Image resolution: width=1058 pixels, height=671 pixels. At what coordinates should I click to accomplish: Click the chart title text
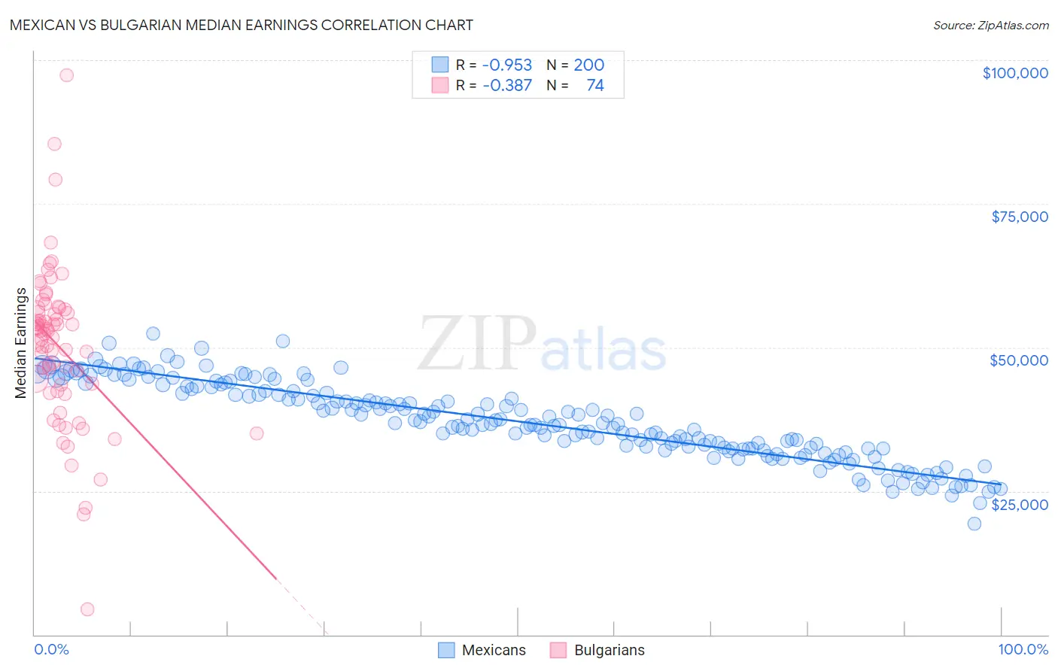click(x=241, y=25)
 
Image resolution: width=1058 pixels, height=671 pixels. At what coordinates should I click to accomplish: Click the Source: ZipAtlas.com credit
click(x=990, y=25)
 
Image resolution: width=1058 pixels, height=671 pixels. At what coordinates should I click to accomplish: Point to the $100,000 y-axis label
click(x=1015, y=73)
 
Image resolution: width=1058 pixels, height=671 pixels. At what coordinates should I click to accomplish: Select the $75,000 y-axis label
click(x=1020, y=217)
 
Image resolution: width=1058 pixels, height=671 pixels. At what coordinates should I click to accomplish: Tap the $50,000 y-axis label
click(x=1019, y=360)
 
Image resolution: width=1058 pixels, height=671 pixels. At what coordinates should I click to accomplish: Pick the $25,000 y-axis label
click(x=1020, y=505)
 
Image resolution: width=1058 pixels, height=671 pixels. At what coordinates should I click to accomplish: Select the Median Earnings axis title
click(x=20, y=342)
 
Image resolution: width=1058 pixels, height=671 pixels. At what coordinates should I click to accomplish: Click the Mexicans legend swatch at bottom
click(x=446, y=650)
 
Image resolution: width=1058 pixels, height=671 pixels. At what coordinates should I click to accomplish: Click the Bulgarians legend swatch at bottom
click(x=558, y=650)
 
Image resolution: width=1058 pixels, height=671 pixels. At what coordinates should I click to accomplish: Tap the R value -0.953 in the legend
click(x=506, y=65)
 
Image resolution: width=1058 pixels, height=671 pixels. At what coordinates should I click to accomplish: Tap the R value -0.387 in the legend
click(x=506, y=86)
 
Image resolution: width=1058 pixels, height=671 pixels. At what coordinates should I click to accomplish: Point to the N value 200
click(x=588, y=65)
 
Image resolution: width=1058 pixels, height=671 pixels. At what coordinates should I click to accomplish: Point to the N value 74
click(x=594, y=86)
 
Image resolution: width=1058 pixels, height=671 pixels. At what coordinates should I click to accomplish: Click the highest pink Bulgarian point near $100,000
click(x=66, y=75)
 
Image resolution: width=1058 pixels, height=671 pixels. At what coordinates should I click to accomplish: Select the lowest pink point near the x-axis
click(x=87, y=609)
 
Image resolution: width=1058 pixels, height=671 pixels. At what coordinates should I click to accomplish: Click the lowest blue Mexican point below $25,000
click(x=974, y=524)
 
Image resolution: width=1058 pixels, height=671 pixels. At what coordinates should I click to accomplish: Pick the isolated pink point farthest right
click(x=257, y=433)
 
